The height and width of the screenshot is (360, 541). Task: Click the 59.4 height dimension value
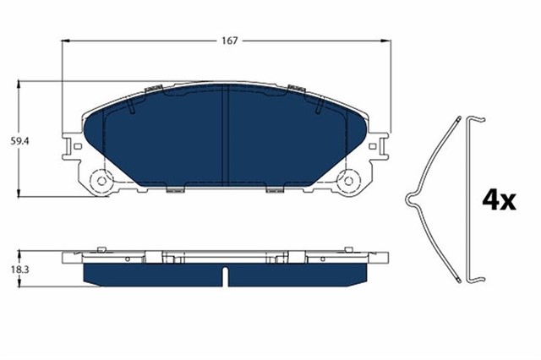pos(9,140)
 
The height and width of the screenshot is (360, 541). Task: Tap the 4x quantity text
pos(498,199)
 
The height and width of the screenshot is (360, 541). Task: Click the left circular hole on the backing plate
pos(102,180)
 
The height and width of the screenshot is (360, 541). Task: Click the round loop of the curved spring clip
pos(410,200)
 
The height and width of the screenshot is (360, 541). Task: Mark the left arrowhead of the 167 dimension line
pos(65,41)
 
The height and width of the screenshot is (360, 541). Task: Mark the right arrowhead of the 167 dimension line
pos(388,41)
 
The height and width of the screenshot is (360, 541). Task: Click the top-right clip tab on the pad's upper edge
pos(295,88)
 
